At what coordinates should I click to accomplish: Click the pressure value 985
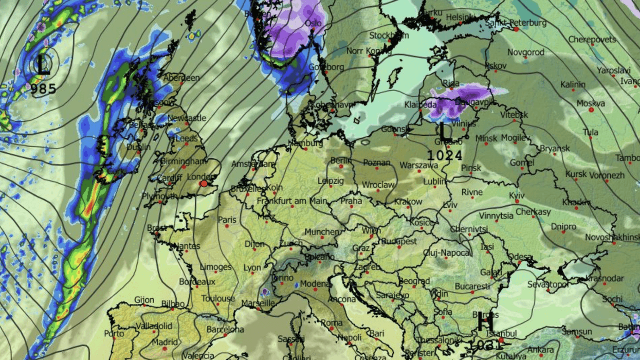[43, 89]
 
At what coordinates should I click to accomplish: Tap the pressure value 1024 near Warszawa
[445, 155]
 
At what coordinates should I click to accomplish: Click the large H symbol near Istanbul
[485, 323]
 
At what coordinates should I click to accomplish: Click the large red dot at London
[204, 184]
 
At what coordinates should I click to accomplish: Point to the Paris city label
[227, 220]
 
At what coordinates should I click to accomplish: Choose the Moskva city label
[591, 103]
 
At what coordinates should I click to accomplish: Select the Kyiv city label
[517, 196]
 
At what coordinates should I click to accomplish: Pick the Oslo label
[313, 23]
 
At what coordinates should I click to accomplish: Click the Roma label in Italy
[332, 323]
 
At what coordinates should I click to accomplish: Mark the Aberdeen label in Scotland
[182, 78]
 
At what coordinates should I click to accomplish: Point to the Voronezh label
[607, 175]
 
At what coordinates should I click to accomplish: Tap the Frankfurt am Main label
[292, 201]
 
